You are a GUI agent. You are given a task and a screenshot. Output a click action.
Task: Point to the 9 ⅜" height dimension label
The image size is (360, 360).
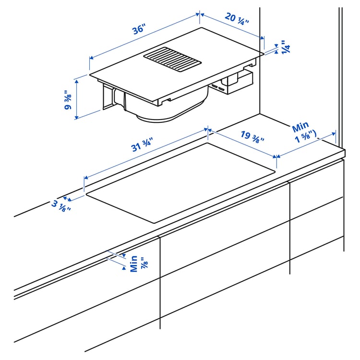tap(69, 100)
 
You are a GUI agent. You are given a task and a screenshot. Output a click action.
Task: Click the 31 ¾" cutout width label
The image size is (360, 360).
tap(142, 144)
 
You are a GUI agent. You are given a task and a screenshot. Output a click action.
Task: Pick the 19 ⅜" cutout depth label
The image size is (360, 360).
tap(251, 136)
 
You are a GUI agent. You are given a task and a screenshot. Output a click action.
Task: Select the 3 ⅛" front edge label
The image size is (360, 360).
tap(61, 206)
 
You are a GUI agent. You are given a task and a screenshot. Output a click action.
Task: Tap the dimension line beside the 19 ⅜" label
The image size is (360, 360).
tap(242, 143)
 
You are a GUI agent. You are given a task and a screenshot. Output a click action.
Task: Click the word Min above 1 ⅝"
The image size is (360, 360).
tap(300, 127)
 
